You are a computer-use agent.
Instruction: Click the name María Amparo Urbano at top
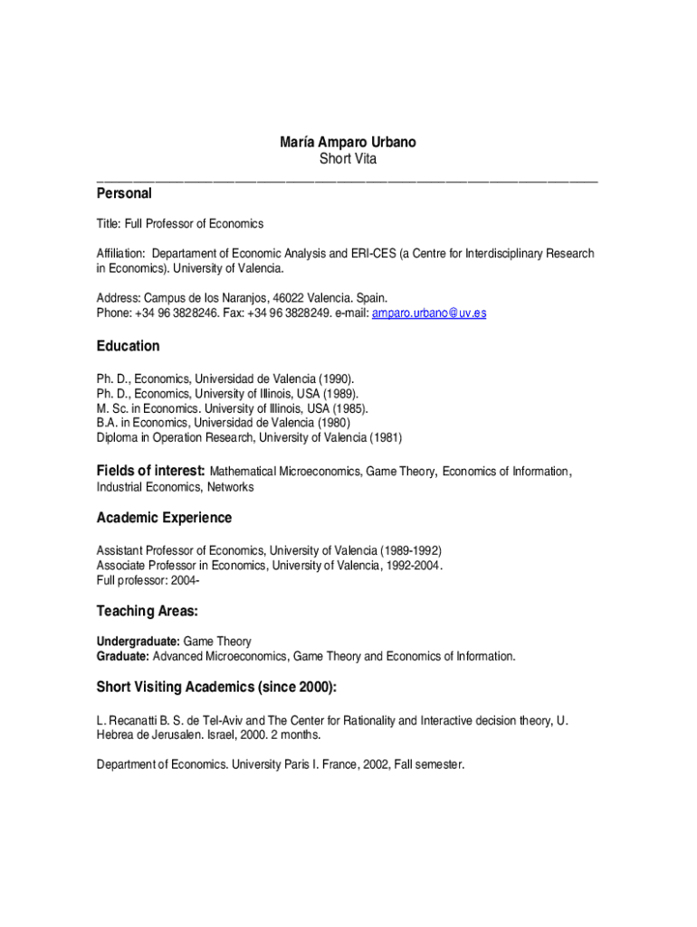[x=348, y=143]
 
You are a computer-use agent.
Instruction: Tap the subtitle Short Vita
[x=348, y=159]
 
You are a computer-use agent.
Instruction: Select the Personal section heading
[x=124, y=194]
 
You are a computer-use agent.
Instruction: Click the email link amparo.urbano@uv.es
[x=429, y=313]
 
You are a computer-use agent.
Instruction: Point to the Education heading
[x=128, y=347]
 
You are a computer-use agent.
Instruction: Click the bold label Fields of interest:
[x=151, y=472]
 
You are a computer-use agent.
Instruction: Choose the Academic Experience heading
[x=164, y=518]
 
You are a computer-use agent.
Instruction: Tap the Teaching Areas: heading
[x=147, y=612]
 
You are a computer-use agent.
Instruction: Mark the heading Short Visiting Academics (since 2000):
[x=216, y=688]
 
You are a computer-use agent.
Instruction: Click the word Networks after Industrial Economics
[x=230, y=487]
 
